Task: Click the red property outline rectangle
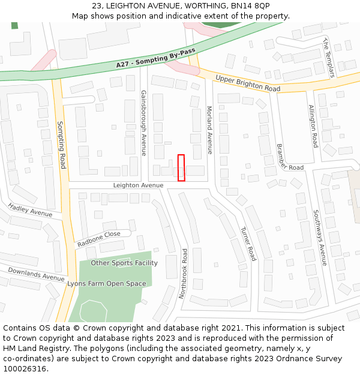click(181, 167)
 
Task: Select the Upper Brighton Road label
click(248, 83)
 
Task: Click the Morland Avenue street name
click(209, 130)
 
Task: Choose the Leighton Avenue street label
click(138, 185)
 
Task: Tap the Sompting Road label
click(61, 145)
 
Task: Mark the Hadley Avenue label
click(30, 210)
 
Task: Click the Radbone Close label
click(98, 239)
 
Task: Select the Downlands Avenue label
click(36, 274)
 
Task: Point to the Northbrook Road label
click(184, 274)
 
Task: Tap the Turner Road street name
click(248, 244)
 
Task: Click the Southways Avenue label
click(319, 238)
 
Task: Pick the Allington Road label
click(313, 127)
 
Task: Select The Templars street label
click(328, 58)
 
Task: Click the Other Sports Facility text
click(124, 263)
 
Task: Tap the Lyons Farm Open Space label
click(106, 283)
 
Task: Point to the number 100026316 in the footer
click(24, 368)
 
